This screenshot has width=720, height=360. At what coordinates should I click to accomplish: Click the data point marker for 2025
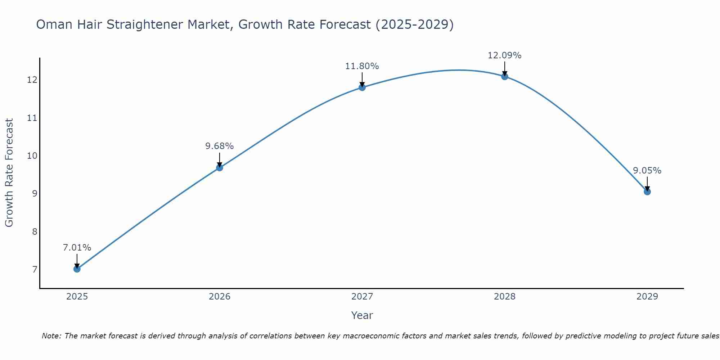coord(77,269)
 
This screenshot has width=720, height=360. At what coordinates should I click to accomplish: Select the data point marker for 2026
coord(219,167)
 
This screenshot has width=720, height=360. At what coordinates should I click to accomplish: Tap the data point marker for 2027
coord(362,87)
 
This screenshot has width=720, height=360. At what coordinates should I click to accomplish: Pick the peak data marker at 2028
coord(504,76)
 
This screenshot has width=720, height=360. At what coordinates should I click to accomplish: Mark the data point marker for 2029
coord(647,192)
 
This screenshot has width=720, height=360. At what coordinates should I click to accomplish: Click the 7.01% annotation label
coord(77,248)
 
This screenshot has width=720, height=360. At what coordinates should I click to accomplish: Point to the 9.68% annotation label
coord(219,146)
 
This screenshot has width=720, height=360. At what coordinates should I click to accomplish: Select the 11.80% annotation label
coord(362,66)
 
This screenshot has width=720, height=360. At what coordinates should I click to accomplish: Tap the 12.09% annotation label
coord(504,55)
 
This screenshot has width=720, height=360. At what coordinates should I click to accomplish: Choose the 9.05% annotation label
coord(647,171)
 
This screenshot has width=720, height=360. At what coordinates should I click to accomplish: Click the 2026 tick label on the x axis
coord(220,297)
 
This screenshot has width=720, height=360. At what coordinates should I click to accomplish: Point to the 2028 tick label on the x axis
coord(504,297)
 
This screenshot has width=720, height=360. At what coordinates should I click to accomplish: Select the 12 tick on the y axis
coord(32,80)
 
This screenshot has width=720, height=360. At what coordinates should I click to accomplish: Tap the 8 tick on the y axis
coord(35,231)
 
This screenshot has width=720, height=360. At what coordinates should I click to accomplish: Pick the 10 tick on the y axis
coord(32,156)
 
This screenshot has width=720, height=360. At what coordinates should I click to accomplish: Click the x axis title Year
coord(362,315)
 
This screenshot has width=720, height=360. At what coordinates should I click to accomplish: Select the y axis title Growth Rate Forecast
coord(9,173)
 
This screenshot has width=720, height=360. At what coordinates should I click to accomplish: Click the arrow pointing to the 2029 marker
coord(647,184)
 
